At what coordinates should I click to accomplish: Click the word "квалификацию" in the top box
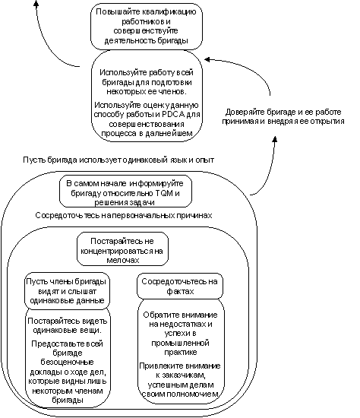coord(169,12)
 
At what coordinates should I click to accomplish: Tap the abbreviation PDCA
coord(173,115)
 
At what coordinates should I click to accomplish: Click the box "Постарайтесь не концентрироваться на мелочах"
coord(122,249)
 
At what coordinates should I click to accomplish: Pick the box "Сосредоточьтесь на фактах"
coord(180,286)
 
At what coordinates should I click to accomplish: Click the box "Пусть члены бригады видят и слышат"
coord(67,291)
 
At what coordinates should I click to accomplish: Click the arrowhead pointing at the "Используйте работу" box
coord(207,59)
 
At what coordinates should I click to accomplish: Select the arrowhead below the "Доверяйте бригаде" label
coord(275,139)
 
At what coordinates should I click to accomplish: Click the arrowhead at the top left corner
coord(36,3)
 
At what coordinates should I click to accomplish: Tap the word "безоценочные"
coord(67,363)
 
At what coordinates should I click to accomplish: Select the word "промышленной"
coord(180,343)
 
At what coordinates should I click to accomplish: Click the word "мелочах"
coord(123,260)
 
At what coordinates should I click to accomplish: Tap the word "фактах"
coord(180,291)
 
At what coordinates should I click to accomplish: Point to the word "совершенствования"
coord(147,125)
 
